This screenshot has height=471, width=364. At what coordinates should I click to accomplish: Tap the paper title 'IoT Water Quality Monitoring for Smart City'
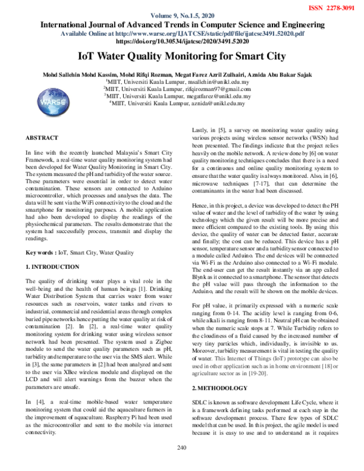pyautogui.click(x=181, y=57)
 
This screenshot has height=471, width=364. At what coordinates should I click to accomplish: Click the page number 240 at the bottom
pyautogui.click(x=181, y=465)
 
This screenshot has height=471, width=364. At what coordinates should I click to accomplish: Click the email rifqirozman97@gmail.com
pyautogui.click(x=219, y=88)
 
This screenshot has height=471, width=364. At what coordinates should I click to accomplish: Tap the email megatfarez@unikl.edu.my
pyautogui.click(x=220, y=96)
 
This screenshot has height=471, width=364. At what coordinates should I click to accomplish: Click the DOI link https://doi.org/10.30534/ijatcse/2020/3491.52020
pyautogui.click(x=181, y=42)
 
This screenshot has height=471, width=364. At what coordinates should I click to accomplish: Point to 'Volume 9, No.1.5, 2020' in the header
pyautogui.click(x=181, y=16)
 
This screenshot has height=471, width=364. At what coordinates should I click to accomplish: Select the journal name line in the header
pyautogui.click(x=181, y=25)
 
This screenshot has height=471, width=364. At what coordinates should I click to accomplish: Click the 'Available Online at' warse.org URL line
pyautogui.click(x=181, y=34)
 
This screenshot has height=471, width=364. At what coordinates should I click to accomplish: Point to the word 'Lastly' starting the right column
pyautogui.click(x=201, y=130)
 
